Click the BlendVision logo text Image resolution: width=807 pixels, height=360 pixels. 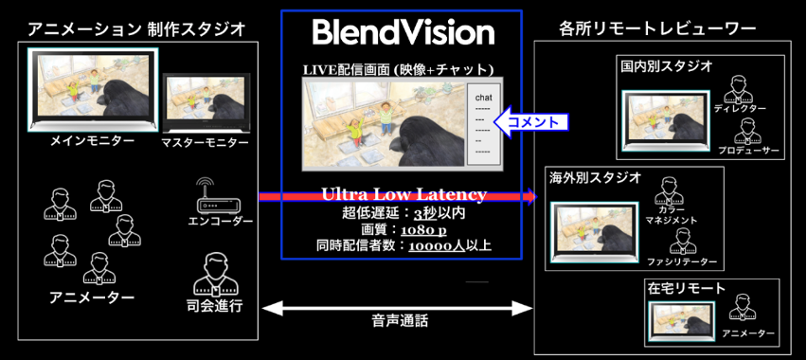point(403,34)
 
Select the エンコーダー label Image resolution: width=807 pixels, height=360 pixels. point(221,221)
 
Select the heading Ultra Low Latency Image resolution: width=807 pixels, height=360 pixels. point(403,194)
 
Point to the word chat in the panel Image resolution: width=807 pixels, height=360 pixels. point(482,97)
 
